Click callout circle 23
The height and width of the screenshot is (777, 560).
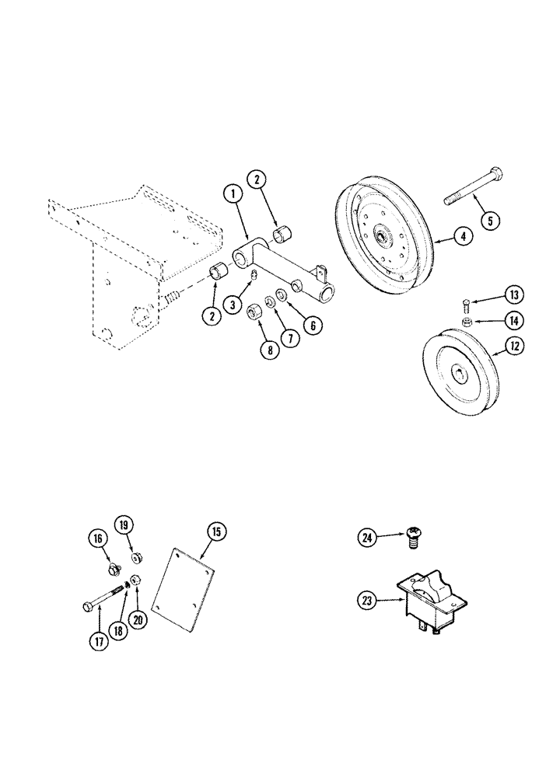[368, 599]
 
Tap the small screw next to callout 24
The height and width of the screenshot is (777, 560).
[413, 537]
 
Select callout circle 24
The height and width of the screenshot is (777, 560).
[368, 535]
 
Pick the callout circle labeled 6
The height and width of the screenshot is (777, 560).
[312, 326]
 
